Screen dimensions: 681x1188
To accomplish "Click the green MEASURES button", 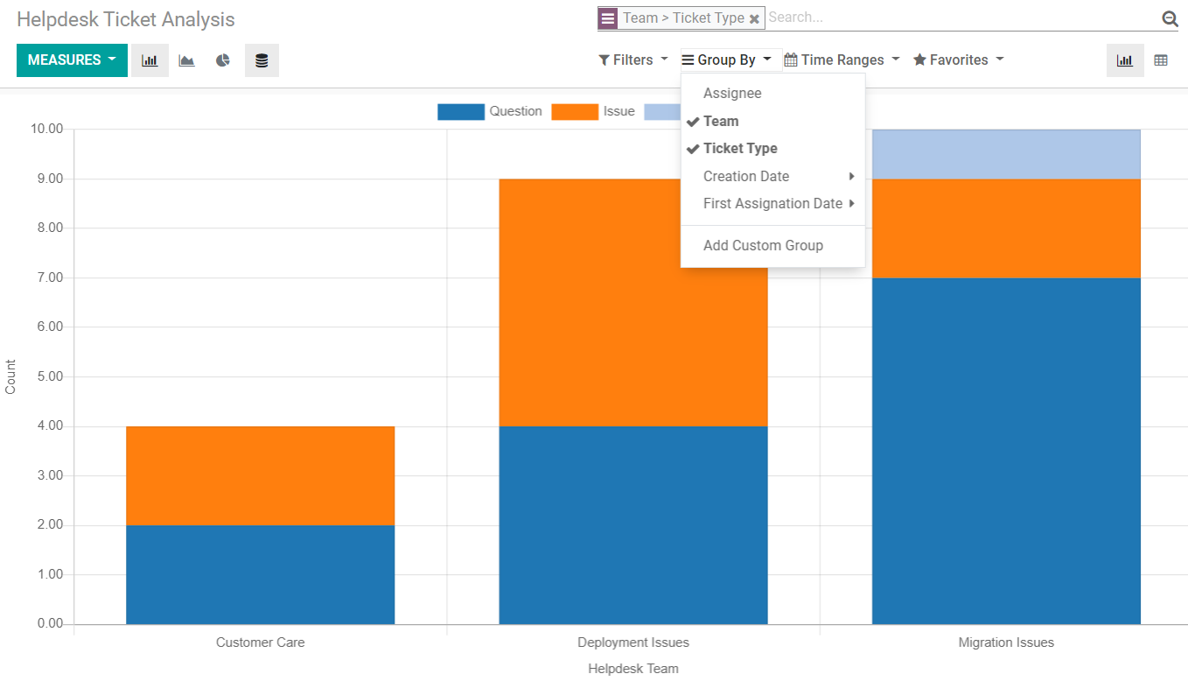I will (72, 60).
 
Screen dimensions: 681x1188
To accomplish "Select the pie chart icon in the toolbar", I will (223, 60).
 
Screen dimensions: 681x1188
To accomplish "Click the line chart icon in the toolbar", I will (186, 60).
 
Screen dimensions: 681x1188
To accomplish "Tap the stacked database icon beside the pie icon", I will (262, 60).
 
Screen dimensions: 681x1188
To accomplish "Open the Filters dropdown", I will (632, 60).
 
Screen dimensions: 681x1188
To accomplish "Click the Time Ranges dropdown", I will (841, 60).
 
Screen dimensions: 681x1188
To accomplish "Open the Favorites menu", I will (958, 60).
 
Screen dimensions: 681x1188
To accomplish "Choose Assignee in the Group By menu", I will (732, 94).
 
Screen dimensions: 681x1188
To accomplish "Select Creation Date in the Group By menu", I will (746, 177).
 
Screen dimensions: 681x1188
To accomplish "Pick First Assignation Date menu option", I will (772, 204).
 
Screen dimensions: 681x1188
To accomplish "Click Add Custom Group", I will (763, 246).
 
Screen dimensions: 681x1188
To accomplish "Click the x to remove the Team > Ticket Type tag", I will (754, 18).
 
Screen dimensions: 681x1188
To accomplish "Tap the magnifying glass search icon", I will (1170, 18).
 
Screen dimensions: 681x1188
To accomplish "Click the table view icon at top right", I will (1161, 60).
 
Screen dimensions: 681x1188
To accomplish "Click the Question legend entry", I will (514, 112).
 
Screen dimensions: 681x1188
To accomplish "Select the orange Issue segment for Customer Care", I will (260, 475).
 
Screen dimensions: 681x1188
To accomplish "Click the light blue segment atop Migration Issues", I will (1006, 154).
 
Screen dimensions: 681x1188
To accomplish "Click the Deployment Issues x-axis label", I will (633, 642).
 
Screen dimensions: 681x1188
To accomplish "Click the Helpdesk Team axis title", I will (633, 669).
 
